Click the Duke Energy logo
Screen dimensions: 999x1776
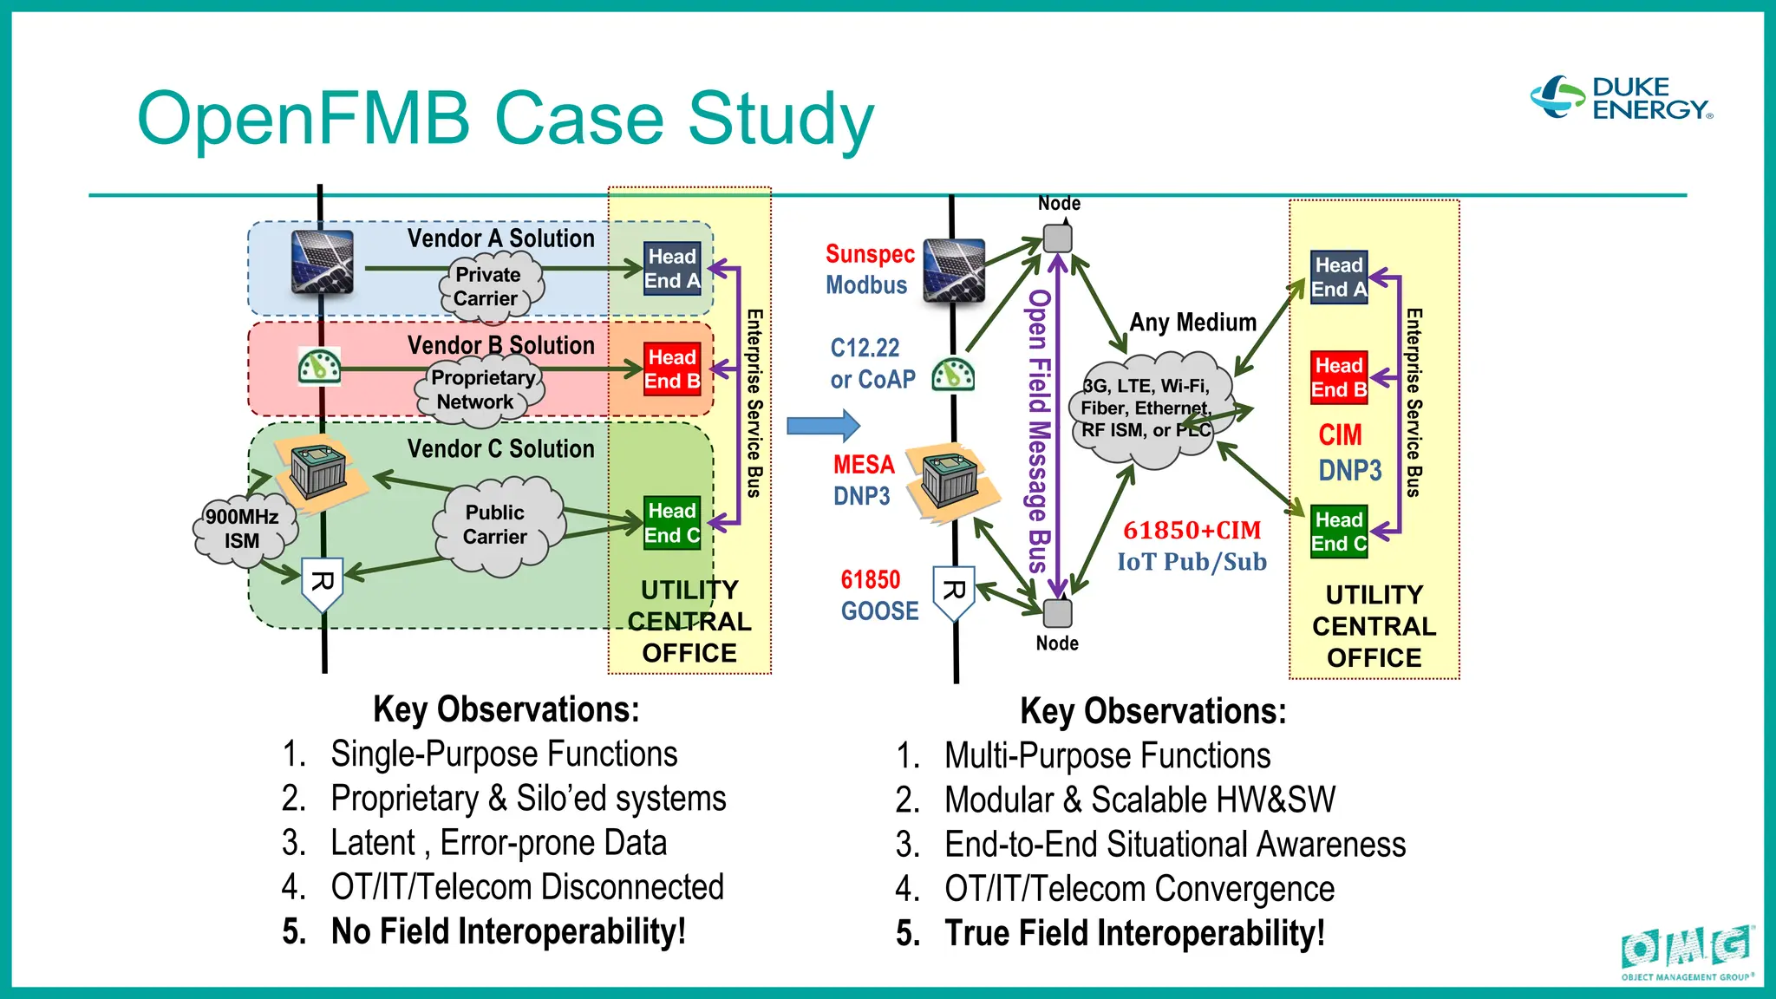(x=1622, y=98)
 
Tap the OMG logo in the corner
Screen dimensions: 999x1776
(x=1688, y=951)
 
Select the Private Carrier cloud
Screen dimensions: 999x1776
(x=488, y=286)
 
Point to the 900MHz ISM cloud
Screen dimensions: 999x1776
(x=242, y=528)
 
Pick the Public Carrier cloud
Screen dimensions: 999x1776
(x=496, y=525)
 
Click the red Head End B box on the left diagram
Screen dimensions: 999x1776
(x=672, y=369)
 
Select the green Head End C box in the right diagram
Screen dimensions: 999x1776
(x=1339, y=532)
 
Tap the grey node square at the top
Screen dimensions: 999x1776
(x=1057, y=238)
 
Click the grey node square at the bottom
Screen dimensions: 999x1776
(x=1057, y=612)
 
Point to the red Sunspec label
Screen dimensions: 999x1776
(x=870, y=254)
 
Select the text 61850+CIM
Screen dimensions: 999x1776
(x=1192, y=530)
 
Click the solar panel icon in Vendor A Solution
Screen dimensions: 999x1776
(x=323, y=262)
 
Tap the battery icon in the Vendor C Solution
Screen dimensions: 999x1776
(x=319, y=473)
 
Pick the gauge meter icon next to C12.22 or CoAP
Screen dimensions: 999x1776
(x=953, y=375)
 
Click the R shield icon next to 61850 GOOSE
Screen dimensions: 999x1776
(x=954, y=593)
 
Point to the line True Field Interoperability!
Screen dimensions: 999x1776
(x=1133, y=934)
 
